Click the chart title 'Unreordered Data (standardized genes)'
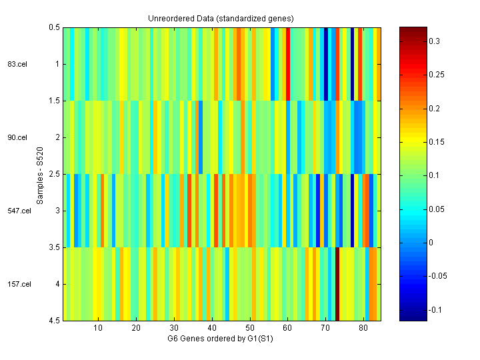221,18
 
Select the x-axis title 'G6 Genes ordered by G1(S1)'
221,339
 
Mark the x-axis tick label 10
98,329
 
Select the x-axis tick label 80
363,329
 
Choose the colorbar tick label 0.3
434,41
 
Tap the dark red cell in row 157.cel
337,284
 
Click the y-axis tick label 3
57,211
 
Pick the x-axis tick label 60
287,329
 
